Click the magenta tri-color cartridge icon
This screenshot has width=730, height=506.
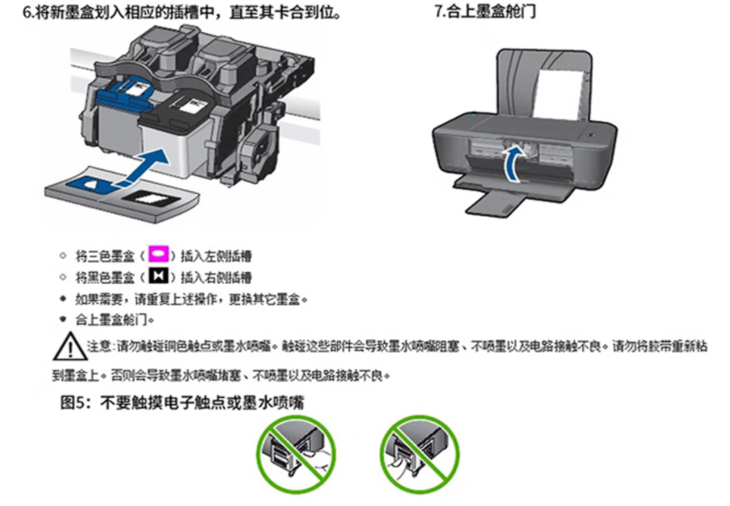158,254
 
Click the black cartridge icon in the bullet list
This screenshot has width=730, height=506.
158,276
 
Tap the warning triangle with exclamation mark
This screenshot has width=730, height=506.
70,346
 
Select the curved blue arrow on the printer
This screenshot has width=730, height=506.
514,163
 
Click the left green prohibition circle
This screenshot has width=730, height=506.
296,455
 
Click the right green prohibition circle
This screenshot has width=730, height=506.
420,455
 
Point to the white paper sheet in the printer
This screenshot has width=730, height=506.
557,95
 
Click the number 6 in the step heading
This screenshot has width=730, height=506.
27,13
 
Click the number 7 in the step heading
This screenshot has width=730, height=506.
438,11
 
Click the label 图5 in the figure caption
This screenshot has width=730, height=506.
73,402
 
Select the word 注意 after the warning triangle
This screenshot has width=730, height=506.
99,346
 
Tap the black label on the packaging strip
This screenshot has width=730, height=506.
151,199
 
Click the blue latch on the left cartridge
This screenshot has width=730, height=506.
125,92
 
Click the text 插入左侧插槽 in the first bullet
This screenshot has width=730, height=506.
217,255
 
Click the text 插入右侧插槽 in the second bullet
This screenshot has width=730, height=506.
217,277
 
